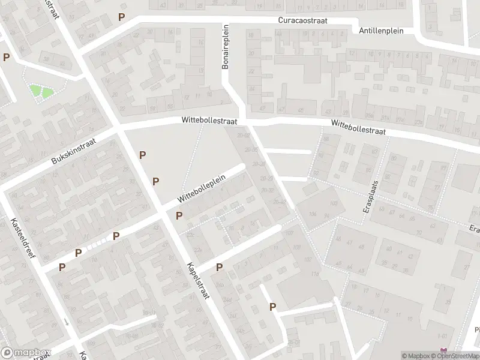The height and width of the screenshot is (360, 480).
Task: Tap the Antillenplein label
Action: pyautogui.click(x=381, y=31)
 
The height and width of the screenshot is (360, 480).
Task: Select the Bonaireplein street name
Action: pyautogui.click(x=226, y=47)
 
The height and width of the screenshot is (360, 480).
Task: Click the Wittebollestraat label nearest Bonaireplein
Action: pyautogui.click(x=209, y=121)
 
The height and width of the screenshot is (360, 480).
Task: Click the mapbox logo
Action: pyautogui.click(x=25, y=353)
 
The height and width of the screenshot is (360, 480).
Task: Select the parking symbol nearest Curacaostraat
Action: pyautogui.click(x=122, y=17)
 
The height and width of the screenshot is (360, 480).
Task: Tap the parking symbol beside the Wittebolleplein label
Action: pyautogui.click(x=179, y=216)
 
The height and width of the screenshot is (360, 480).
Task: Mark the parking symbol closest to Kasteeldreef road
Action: pyautogui.click(x=62, y=267)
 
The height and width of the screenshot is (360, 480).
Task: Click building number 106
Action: pyautogui.click(x=311, y=214)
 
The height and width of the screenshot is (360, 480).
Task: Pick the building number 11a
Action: pyautogui.click(x=314, y=274)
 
